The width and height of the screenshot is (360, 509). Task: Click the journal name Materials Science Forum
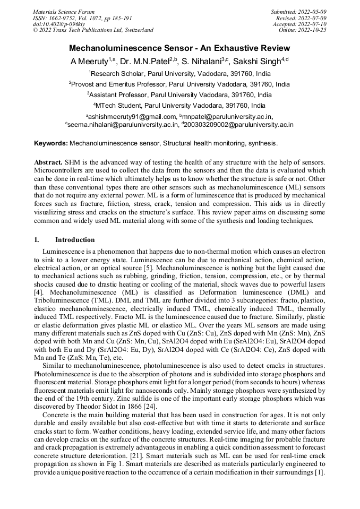tap(64, 11)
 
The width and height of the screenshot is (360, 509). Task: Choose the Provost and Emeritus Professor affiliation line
tap(179, 84)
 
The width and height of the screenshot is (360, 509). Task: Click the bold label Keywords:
tap(50, 143)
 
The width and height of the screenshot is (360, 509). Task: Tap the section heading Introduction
tap(75, 240)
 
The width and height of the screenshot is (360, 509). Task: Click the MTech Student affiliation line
tap(179, 106)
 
